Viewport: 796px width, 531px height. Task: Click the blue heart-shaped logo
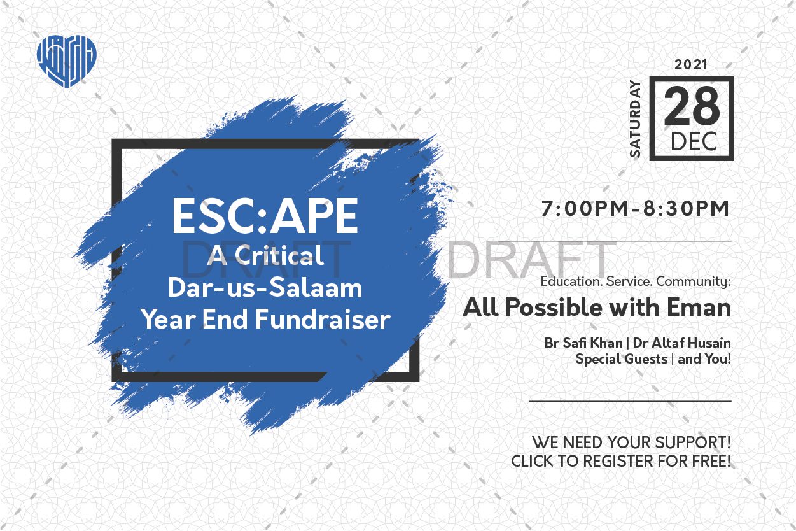point(67,61)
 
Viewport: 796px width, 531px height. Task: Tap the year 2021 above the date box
point(691,65)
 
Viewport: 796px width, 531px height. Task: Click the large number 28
point(692,106)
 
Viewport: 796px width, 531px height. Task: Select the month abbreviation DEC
point(694,141)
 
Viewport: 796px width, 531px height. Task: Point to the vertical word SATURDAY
point(635,119)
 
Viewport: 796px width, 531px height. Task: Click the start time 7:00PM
point(585,208)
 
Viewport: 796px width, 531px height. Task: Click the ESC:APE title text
point(265,216)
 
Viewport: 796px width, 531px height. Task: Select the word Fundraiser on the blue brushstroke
point(323,319)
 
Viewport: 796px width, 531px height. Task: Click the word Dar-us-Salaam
point(265,288)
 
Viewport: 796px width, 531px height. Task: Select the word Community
point(694,281)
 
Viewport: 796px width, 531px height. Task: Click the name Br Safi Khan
point(583,343)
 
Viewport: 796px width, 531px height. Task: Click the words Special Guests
point(622,359)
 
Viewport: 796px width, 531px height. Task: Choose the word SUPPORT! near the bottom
point(693,442)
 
